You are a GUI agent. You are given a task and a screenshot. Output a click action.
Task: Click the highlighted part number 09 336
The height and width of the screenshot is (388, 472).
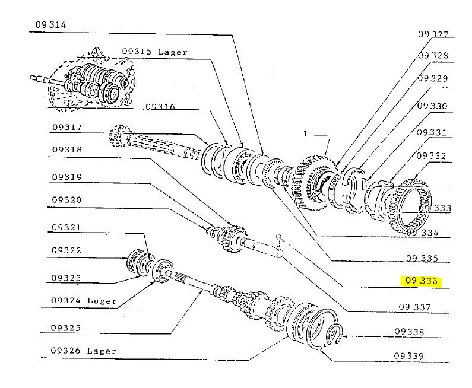coord(422,281)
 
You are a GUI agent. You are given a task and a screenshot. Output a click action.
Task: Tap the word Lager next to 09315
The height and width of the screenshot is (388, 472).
coord(173,52)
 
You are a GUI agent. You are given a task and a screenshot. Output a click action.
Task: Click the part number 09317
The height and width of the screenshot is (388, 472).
coord(67,127)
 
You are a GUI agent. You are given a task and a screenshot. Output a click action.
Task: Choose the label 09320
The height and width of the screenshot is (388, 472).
coord(66,200)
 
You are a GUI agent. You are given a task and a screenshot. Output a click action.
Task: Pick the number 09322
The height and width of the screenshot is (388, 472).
coord(66,251)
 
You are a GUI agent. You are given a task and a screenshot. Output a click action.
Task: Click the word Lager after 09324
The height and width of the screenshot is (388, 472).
coord(102,301)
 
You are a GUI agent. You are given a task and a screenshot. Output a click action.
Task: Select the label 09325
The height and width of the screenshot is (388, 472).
coord(66,327)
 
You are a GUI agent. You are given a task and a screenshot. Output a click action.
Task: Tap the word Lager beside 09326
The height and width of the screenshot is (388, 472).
coord(102,351)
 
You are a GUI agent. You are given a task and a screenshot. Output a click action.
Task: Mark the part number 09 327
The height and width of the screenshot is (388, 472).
coord(433,34)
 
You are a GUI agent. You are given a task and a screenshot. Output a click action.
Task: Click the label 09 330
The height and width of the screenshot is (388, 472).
coord(432,106)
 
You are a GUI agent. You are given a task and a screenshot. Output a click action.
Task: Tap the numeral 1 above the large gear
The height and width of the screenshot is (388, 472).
coord(305,134)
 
